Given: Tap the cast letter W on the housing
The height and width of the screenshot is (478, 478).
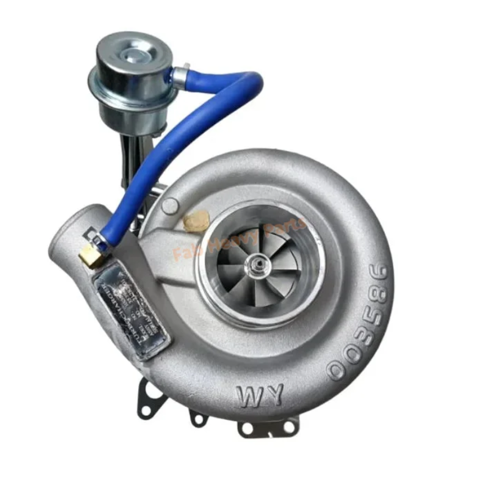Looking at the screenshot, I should (254, 395).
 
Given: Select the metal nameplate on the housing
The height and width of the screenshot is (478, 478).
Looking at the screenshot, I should (132, 311).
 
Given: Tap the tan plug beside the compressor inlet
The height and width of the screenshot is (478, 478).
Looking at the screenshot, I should (194, 221).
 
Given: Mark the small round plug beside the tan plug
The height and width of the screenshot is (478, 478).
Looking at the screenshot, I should (170, 205).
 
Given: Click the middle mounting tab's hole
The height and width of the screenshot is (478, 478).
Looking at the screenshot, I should (198, 418).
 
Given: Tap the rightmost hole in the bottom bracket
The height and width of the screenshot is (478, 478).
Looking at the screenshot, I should (289, 427).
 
